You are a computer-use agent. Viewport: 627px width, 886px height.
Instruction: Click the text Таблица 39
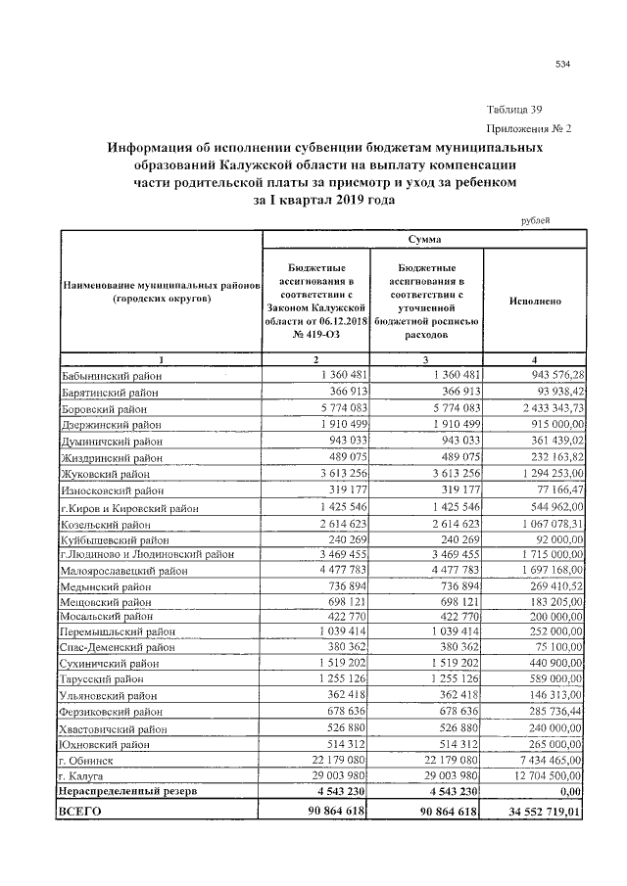click(514, 110)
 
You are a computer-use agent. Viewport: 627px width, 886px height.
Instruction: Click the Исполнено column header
click(535, 302)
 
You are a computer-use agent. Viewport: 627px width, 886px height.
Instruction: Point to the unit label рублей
click(534, 220)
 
